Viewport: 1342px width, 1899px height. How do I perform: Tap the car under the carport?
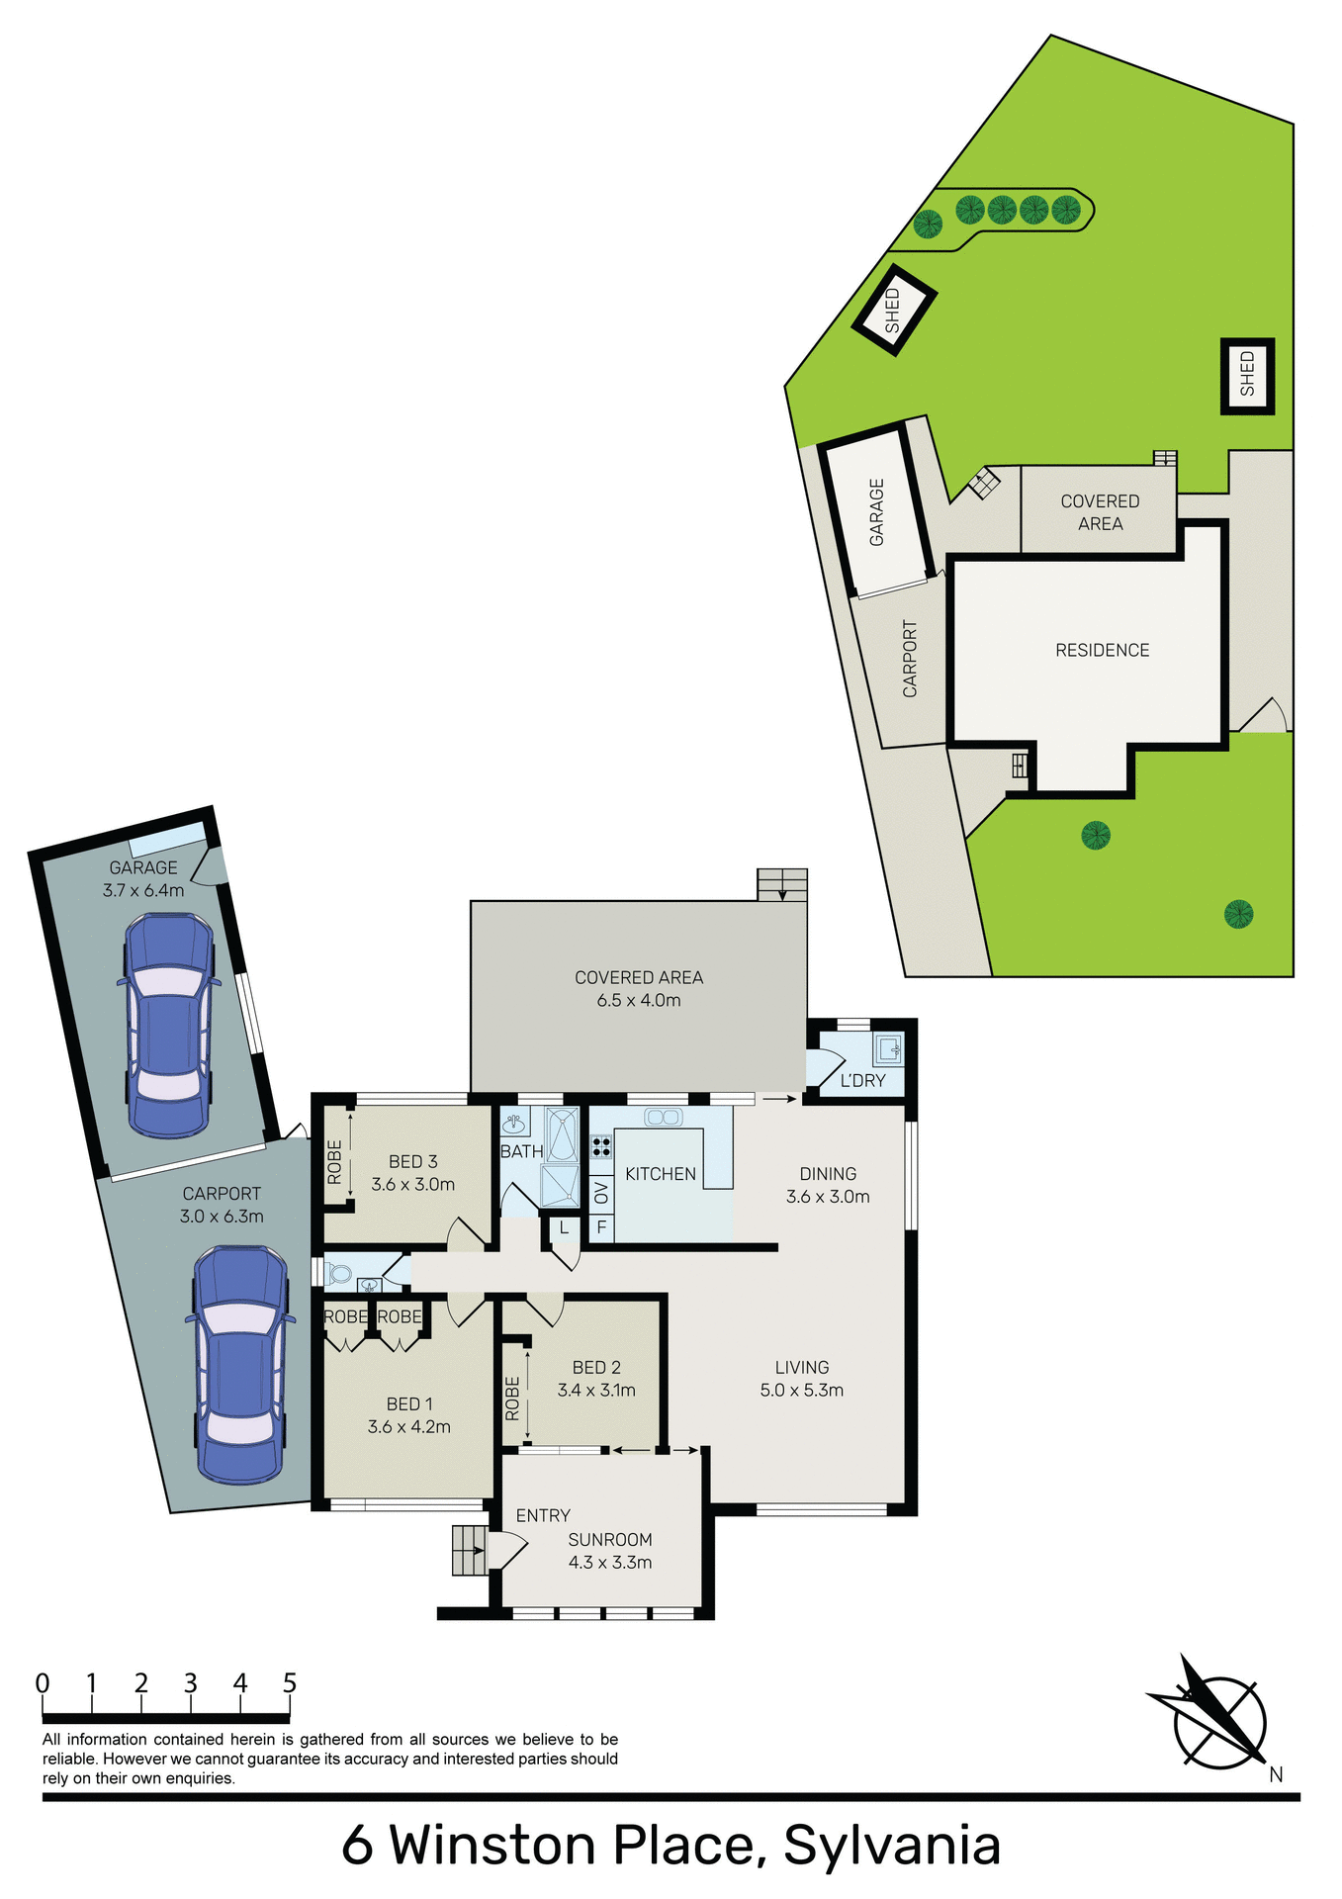coord(240,1365)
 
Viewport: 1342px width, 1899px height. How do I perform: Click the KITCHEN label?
coord(661,1174)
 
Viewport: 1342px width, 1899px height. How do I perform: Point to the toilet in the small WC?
coord(338,1273)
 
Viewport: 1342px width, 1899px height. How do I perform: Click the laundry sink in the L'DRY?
coord(888,1048)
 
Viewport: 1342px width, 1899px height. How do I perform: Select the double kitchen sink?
coord(663,1118)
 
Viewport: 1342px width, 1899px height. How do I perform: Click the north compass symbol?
coord(1217,1721)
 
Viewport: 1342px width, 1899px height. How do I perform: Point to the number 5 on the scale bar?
coord(289,1683)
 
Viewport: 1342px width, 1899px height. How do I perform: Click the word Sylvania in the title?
coord(892,1846)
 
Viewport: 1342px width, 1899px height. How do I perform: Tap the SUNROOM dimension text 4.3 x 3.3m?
coord(610,1563)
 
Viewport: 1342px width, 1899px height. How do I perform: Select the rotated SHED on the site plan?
coord(894,310)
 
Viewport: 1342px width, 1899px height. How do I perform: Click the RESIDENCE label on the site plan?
coord(1102,650)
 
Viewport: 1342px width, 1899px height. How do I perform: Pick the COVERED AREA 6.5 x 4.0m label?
coord(639,988)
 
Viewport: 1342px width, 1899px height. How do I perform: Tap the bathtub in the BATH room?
coord(562,1134)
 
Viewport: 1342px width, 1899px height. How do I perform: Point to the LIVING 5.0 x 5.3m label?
coord(802,1378)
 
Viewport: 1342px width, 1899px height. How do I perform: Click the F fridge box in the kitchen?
coord(601,1228)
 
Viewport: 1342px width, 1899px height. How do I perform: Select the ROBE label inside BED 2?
coord(512,1399)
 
